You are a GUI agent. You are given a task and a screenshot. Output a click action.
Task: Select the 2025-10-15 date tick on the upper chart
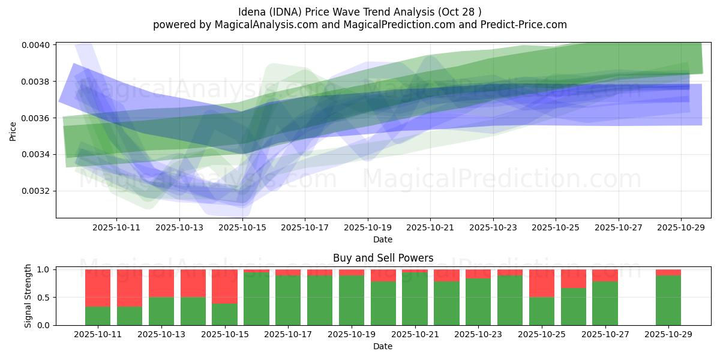click(242, 228)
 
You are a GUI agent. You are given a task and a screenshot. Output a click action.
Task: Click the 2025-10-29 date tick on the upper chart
click(681, 228)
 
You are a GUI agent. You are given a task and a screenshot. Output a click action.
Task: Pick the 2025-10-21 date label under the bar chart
click(415, 335)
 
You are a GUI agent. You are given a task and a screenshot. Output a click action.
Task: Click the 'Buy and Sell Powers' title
click(383, 259)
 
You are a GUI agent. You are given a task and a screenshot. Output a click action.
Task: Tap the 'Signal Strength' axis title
click(28, 296)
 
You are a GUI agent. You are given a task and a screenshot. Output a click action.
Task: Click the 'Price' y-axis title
click(13, 131)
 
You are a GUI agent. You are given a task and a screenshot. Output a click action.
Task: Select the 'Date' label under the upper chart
click(383, 239)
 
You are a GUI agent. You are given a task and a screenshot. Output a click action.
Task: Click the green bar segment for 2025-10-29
click(668, 300)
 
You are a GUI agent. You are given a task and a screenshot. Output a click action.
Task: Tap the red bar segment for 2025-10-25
click(542, 283)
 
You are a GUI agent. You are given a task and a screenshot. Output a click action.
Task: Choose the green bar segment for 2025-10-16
click(256, 299)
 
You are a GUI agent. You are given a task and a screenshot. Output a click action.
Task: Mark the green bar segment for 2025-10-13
click(161, 311)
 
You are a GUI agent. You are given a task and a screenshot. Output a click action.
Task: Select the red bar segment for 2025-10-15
click(224, 286)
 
